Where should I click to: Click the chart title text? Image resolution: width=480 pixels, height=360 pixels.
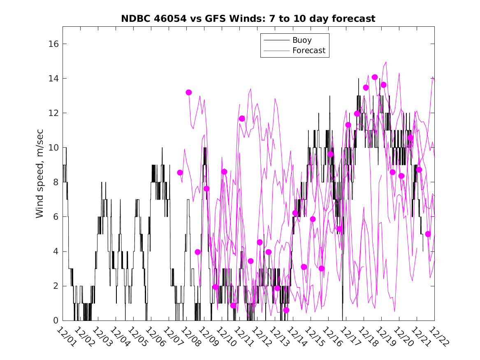(248, 19)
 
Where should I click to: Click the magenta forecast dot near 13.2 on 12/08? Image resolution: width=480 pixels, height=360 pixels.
(189, 93)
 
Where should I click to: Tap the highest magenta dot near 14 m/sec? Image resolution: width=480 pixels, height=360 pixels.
(375, 77)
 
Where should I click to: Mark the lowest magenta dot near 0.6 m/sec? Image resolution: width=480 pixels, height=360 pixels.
(286, 310)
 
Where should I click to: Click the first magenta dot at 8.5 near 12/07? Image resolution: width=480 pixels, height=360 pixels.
(180, 172)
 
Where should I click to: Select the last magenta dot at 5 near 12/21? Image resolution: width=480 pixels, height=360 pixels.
(428, 234)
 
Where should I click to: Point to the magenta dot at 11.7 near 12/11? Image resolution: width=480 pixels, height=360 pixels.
(242, 118)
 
